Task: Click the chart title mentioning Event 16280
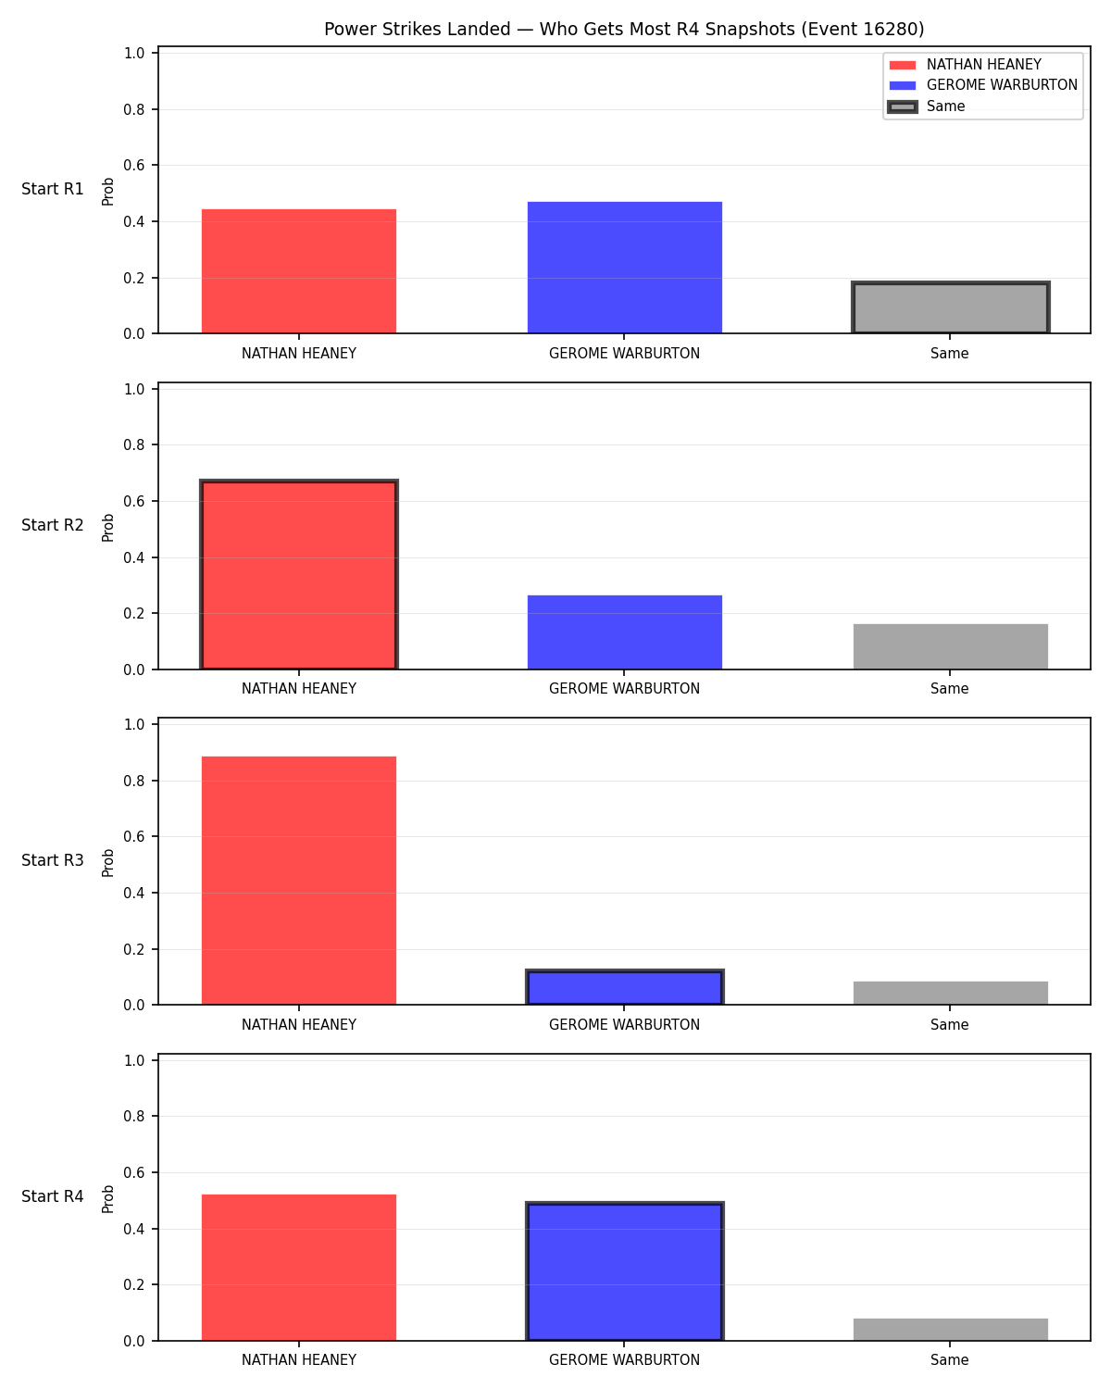click(x=624, y=29)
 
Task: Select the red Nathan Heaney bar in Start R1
click(x=299, y=271)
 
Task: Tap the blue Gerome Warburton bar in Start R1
click(x=624, y=268)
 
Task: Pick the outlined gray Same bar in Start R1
click(x=950, y=307)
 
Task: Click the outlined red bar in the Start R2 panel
click(x=299, y=574)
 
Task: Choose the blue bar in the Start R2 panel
click(x=624, y=632)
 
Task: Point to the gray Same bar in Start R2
click(x=950, y=646)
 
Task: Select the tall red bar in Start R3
click(x=299, y=881)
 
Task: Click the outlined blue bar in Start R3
click(x=624, y=987)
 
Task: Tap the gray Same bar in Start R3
click(x=950, y=993)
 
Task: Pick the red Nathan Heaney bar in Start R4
click(x=299, y=1268)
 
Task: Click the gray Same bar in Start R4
click(x=950, y=1330)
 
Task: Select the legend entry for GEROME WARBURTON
click(x=983, y=85)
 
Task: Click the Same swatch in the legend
click(x=902, y=106)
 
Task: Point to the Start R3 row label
click(x=52, y=860)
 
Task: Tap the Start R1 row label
click(x=52, y=189)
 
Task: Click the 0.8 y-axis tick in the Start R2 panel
click(x=133, y=444)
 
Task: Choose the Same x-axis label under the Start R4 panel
click(x=949, y=1360)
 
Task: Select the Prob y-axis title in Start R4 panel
click(x=107, y=1199)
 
